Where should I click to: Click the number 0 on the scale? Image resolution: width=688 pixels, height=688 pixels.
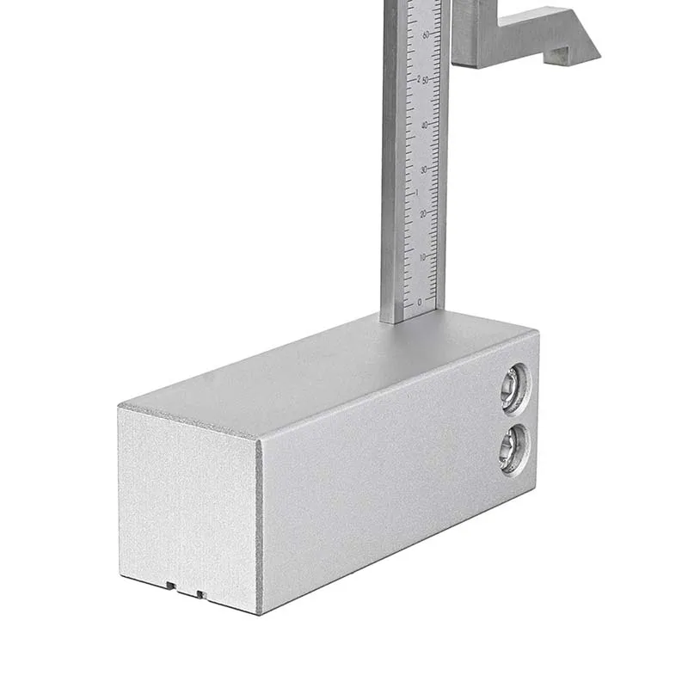tap(420, 302)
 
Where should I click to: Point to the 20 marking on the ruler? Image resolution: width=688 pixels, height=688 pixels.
tap(421, 212)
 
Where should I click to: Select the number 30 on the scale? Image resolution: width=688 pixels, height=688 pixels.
tap(422, 169)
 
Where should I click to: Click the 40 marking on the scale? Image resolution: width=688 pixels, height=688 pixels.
tap(424, 124)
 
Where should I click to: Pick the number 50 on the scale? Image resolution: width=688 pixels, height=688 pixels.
tap(425, 79)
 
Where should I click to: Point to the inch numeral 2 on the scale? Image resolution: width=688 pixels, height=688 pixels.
tap(419, 78)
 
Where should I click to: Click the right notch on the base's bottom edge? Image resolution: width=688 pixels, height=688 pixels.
tap(200, 593)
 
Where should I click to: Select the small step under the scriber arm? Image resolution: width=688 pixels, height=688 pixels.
tap(560, 57)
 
